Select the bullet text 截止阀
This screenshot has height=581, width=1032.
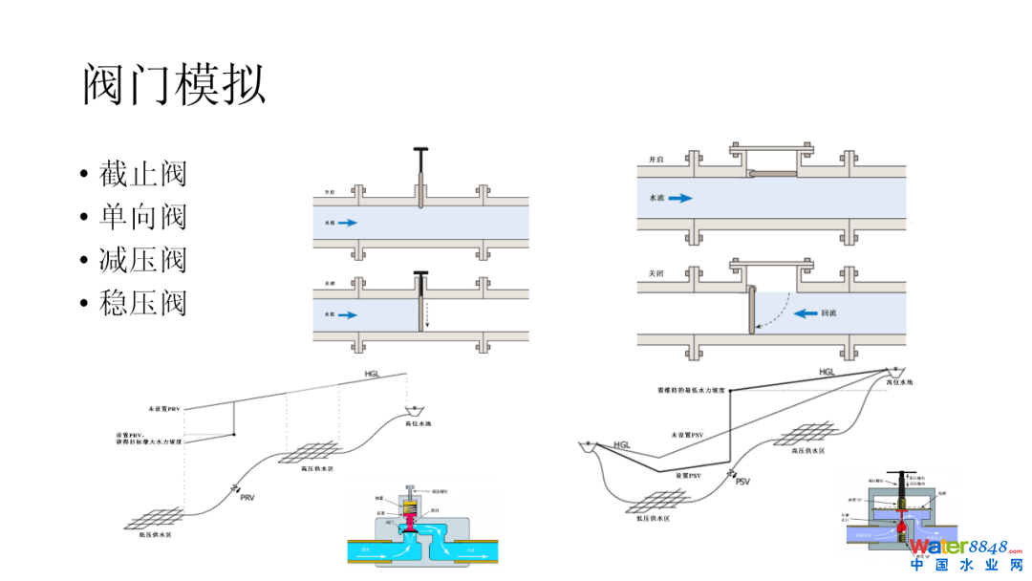[x=142, y=174]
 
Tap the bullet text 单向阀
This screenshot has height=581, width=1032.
[x=142, y=217]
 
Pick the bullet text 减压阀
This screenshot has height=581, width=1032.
[x=142, y=260]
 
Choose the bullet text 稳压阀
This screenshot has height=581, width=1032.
[x=142, y=303]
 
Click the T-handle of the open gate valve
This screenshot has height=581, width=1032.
[x=421, y=151]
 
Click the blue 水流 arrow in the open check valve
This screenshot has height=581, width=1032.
[x=679, y=198]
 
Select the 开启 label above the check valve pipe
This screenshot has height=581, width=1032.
[x=656, y=159]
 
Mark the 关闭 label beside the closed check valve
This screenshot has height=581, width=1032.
[x=656, y=273]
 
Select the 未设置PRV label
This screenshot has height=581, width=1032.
[x=164, y=408]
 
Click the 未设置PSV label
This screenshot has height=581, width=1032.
[x=690, y=436]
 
